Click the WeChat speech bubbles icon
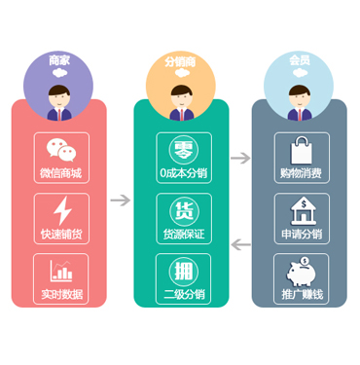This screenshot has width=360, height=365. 61,150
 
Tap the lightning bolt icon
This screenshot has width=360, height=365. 62,210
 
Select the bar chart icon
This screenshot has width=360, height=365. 61,271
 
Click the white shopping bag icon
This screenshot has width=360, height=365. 302,150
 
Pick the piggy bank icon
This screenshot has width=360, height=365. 301,272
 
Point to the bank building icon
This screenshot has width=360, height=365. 304,211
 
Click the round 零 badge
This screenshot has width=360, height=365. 184,150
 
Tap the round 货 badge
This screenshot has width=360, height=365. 184,211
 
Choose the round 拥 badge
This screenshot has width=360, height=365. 184,272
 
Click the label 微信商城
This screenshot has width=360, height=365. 61,173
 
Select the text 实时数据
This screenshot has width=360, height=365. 61,294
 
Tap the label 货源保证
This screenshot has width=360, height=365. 184,234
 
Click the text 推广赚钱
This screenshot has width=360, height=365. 303,294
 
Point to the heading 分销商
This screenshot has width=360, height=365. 180,61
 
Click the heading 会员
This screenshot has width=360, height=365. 300,60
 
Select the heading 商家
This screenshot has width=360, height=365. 59,60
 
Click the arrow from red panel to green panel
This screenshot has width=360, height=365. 121,200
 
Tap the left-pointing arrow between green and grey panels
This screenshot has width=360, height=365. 241,244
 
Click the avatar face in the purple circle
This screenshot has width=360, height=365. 59,96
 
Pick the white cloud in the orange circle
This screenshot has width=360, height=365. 182,73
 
